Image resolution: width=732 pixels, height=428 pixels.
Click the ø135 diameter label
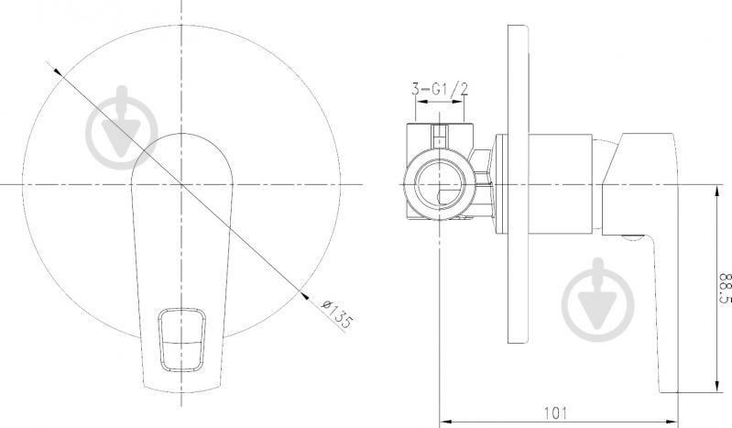point(337,313)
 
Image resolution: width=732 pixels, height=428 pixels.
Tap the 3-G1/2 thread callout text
point(440,88)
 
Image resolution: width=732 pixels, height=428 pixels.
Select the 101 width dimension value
point(556,412)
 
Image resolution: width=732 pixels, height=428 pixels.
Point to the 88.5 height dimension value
point(725,289)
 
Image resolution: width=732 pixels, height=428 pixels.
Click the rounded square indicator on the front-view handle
point(181,340)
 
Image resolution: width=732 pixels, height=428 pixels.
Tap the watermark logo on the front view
point(122,128)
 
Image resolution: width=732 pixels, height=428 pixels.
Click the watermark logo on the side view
point(598,300)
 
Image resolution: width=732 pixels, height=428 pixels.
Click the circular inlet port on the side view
point(440,184)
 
